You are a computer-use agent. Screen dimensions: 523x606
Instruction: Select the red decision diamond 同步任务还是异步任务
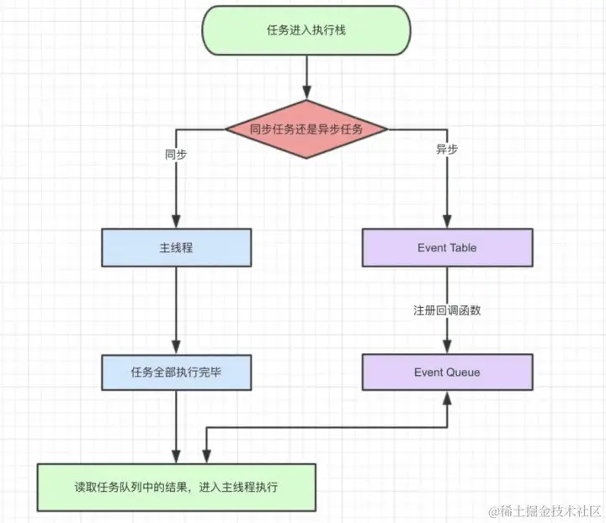coord(306,129)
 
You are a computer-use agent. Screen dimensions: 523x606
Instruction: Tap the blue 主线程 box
coord(177,248)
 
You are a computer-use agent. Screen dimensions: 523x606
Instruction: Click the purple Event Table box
coord(447,248)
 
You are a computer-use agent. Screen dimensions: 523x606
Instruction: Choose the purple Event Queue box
coord(447,372)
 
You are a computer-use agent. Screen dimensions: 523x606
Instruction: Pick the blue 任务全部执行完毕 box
coord(177,372)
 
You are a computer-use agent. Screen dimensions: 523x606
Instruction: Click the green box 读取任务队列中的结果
coord(177,488)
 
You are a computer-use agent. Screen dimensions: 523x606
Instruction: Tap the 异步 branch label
coord(447,150)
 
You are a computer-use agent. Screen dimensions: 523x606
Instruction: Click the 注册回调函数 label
coord(447,310)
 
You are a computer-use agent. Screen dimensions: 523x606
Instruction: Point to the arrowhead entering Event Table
coord(447,222)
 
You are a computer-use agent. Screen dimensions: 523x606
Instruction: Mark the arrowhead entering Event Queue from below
coord(447,398)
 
